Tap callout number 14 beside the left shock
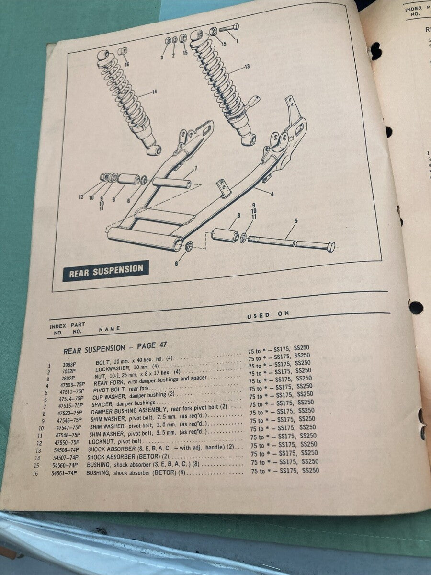point(154,92)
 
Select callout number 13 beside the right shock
point(247,67)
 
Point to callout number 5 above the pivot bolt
point(296,221)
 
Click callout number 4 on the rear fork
point(272,195)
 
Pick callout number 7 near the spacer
point(195,168)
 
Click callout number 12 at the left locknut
point(81,196)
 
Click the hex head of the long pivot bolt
point(329,247)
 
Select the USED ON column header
point(268,315)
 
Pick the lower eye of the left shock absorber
point(154,150)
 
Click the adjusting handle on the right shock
point(253,100)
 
